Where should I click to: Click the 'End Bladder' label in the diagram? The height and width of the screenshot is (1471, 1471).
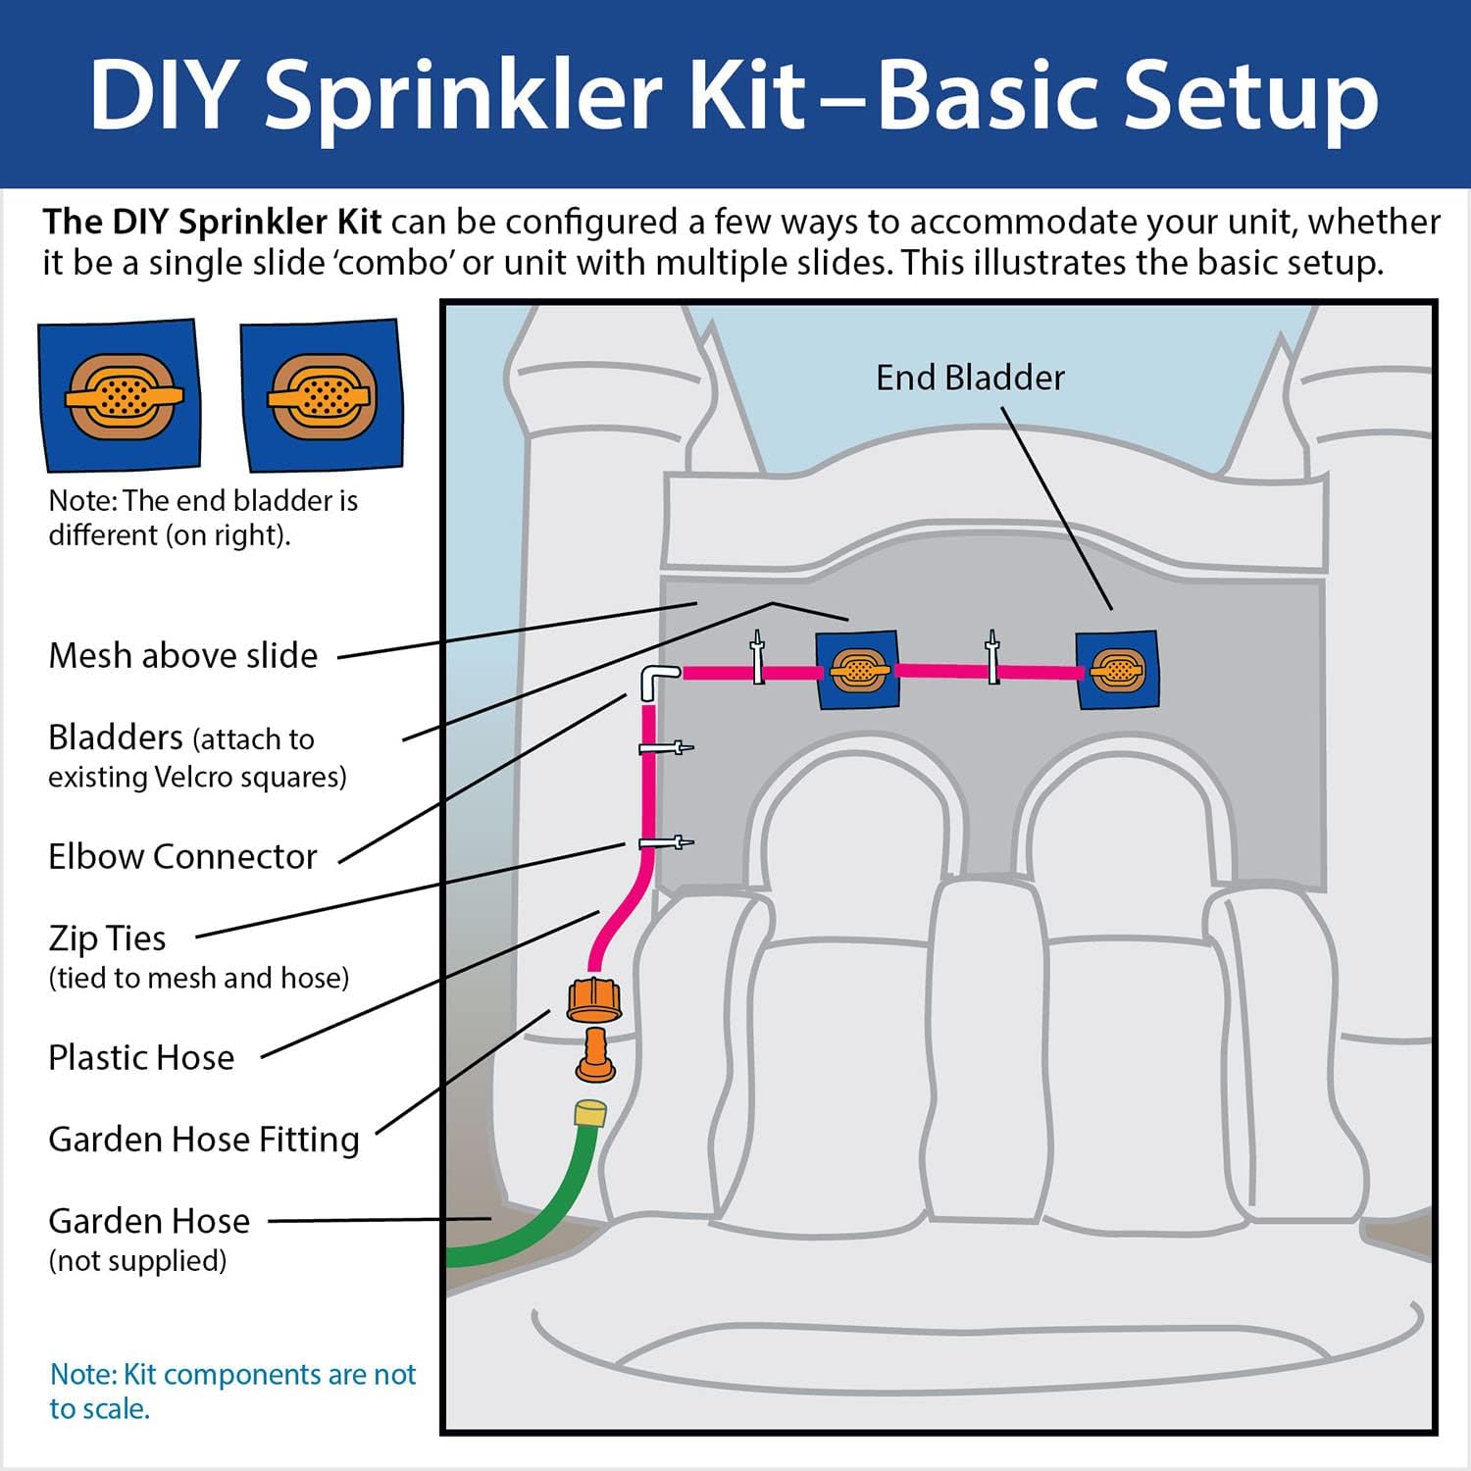click(969, 378)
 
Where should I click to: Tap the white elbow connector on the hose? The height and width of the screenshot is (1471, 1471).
click(656, 679)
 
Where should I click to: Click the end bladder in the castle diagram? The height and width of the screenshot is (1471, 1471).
click(1117, 670)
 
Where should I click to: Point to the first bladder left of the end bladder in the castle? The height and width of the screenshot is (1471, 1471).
click(858, 670)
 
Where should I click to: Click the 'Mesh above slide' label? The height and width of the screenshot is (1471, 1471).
click(183, 655)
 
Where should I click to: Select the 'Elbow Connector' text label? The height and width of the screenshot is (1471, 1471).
click(182, 856)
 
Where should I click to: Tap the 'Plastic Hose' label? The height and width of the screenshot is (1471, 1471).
click(141, 1057)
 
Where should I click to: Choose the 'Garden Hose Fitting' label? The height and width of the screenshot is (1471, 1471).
click(204, 1139)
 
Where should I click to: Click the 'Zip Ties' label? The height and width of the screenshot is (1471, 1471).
click(107, 938)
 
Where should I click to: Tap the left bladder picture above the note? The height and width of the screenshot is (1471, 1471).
click(120, 395)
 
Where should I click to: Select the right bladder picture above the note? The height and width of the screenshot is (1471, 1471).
click(321, 395)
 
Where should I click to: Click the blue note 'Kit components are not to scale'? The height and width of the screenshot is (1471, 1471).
click(232, 1391)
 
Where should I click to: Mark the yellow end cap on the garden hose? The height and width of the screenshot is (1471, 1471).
click(590, 1112)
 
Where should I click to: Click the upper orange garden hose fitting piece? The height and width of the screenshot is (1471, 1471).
click(593, 999)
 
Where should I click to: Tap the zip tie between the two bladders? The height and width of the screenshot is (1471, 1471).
click(992, 658)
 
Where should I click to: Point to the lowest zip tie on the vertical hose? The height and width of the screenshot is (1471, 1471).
click(665, 842)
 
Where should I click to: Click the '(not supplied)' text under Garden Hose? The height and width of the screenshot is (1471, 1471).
click(137, 1260)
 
